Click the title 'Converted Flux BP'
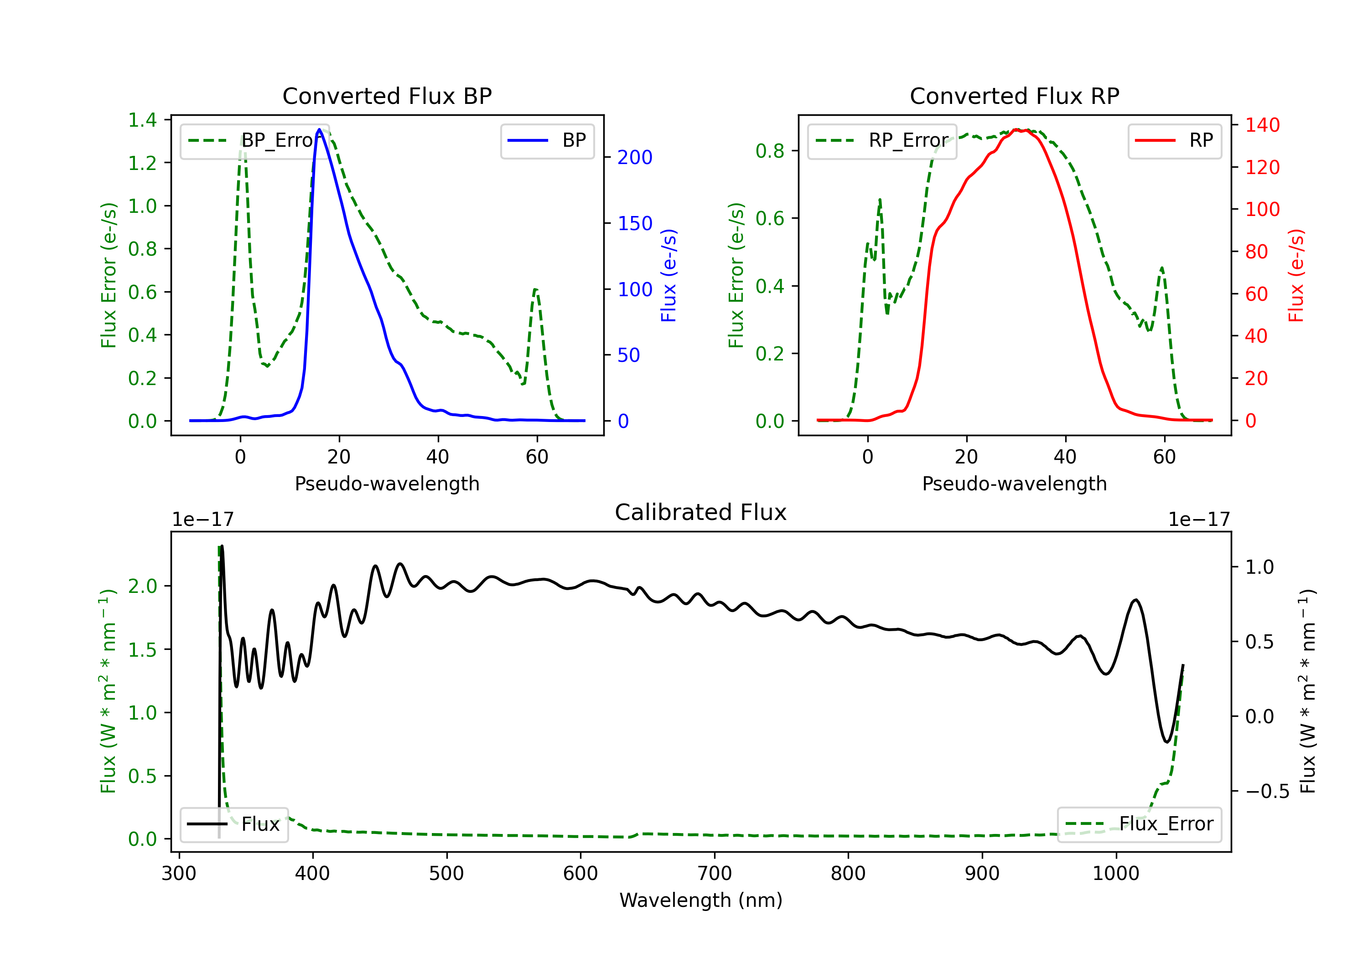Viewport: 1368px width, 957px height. pyautogui.click(x=387, y=96)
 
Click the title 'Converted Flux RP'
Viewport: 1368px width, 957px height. pyautogui.click(x=1015, y=96)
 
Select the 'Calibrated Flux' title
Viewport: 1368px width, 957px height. pyautogui.click(x=701, y=512)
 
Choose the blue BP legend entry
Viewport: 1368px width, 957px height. pyautogui.click(x=547, y=140)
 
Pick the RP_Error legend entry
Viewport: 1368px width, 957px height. pyautogui.click(x=882, y=140)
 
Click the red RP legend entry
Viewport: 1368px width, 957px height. pyautogui.click(x=1174, y=140)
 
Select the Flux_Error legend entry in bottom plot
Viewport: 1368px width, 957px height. pyautogui.click(x=1139, y=824)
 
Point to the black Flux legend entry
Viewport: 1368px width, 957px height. pyautogui.click(x=233, y=824)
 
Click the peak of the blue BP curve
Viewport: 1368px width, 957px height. pyautogui.click(x=319, y=129)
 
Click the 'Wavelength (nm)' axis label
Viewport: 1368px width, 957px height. pyautogui.click(x=701, y=900)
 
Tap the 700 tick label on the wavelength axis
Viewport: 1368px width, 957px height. pyautogui.click(x=715, y=874)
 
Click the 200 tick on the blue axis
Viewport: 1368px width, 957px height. pyautogui.click(x=635, y=157)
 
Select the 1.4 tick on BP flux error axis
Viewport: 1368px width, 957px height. pyautogui.click(x=142, y=120)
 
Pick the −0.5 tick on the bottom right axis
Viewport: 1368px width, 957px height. pyautogui.click(x=1267, y=792)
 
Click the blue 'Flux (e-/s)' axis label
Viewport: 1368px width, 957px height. pyautogui.click(x=669, y=276)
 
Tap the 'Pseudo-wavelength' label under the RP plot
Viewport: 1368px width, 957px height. pyautogui.click(x=1015, y=484)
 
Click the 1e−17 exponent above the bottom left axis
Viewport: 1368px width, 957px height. pyautogui.click(x=203, y=520)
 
